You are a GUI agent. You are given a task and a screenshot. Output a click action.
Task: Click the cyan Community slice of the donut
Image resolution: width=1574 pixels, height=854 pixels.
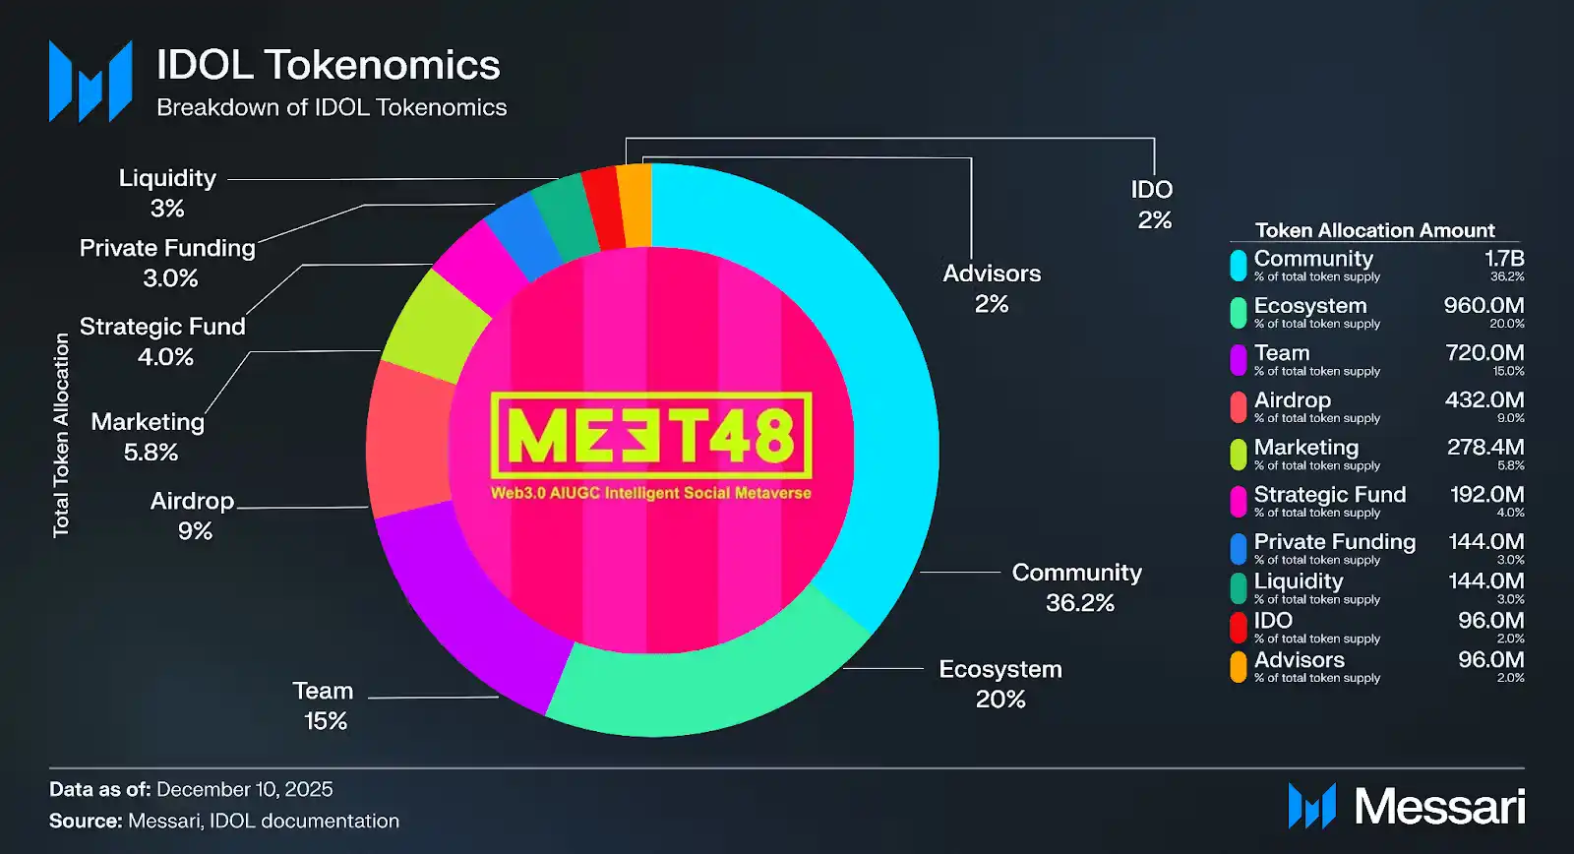click(885, 394)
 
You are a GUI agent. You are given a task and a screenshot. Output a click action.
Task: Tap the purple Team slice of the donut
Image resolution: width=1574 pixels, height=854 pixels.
click(462, 610)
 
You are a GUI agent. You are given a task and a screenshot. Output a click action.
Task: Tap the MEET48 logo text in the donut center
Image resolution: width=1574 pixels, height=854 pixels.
click(650, 436)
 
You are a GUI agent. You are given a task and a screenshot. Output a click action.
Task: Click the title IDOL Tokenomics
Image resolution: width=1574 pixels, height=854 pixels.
click(329, 65)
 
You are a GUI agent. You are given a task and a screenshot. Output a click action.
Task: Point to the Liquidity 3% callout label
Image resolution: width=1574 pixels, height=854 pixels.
click(167, 193)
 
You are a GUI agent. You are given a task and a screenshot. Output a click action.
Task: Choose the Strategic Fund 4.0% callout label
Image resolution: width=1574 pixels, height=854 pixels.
click(163, 340)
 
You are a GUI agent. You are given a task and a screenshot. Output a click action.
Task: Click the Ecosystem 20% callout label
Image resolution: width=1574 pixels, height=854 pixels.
click(999, 684)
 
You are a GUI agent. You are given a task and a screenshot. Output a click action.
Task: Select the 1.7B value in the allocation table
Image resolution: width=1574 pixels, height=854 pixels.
click(1504, 259)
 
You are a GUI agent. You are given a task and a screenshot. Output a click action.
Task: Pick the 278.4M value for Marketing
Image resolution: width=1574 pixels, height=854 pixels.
click(1485, 448)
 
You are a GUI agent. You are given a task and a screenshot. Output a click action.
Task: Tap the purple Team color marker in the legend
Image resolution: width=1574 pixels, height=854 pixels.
click(1239, 360)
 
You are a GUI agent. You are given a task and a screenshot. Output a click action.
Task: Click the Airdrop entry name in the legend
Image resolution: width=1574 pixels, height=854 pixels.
click(1292, 400)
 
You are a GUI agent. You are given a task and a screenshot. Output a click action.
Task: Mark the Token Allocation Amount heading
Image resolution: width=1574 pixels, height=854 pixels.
click(1374, 230)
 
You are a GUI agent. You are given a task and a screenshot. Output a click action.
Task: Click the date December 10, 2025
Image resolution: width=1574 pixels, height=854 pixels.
click(244, 789)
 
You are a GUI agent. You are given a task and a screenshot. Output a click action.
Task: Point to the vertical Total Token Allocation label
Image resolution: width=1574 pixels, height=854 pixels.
click(61, 435)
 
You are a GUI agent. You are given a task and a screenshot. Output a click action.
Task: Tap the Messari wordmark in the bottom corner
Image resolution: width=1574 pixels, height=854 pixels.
click(1438, 807)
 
